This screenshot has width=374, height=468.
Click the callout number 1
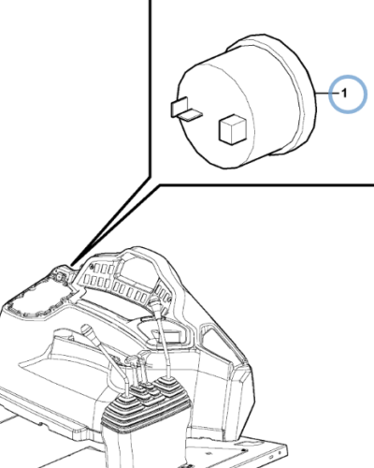click(x=344, y=93)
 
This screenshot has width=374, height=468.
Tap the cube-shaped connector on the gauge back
click(x=234, y=129)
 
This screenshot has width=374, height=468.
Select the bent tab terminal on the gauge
click(x=186, y=110)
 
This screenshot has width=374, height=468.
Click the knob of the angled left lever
click(x=88, y=331)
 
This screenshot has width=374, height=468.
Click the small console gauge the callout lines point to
click(x=59, y=274)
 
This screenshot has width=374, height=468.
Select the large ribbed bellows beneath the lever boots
click(x=145, y=412)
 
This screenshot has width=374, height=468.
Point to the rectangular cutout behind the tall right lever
click(x=171, y=336)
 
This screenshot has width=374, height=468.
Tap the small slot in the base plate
click(x=249, y=443)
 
